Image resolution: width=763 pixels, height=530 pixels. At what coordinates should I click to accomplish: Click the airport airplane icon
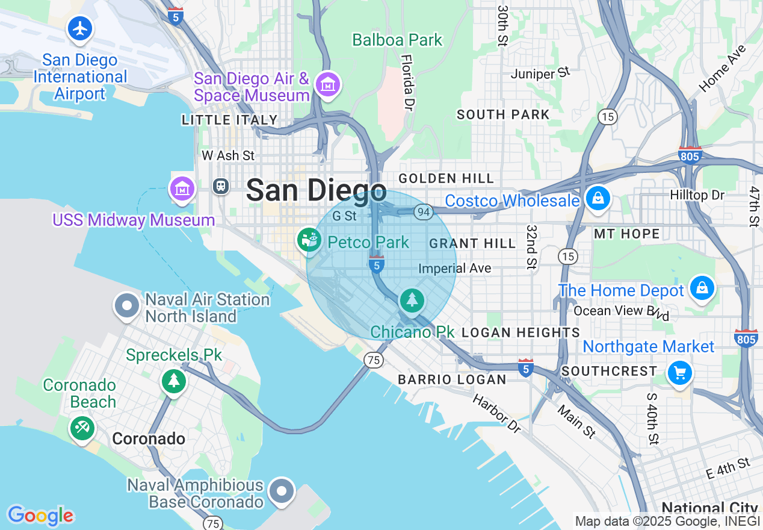tap(79, 28)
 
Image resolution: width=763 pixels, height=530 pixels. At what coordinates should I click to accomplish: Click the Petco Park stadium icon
tap(309, 240)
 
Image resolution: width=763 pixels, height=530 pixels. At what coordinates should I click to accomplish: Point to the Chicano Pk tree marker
tap(412, 301)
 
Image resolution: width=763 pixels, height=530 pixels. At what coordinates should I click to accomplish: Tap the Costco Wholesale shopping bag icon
tap(598, 199)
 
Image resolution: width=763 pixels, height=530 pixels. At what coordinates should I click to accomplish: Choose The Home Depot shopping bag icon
tap(702, 288)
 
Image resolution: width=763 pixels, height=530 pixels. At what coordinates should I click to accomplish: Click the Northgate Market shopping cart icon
tap(680, 373)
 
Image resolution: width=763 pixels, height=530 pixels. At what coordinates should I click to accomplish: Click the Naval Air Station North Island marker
tap(127, 306)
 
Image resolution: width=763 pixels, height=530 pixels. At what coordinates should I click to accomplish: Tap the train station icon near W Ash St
tap(221, 186)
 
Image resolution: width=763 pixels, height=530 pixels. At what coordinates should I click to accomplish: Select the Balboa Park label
tap(397, 40)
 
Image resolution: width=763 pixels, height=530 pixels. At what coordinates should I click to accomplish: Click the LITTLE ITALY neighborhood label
tap(229, 120)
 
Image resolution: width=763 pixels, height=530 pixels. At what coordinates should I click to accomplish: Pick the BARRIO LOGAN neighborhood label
tap(452, 379)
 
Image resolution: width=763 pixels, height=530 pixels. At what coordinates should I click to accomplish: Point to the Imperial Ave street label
tap(455, 268)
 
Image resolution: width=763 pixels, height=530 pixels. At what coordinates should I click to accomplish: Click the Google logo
tap(40, 516)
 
